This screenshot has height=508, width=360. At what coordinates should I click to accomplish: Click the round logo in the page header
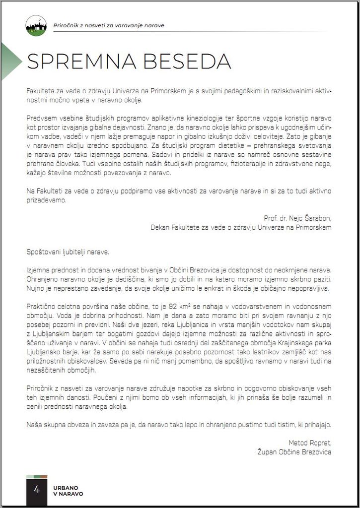tap(36, 26)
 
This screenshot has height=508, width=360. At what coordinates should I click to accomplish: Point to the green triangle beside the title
tap(10, 61)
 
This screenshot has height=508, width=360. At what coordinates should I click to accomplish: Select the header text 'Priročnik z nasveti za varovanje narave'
tap(108, 25)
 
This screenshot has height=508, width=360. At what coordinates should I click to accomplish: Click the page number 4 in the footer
tap(36, 490)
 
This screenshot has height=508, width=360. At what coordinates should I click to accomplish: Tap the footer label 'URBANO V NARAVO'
tap(68, 490)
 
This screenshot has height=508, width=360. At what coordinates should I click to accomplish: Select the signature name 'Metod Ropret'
tap(309, 442)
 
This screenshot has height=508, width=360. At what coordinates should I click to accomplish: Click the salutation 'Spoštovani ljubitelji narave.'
tap(68, 252)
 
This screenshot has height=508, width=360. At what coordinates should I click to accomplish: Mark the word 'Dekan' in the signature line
tap(160, 227)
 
